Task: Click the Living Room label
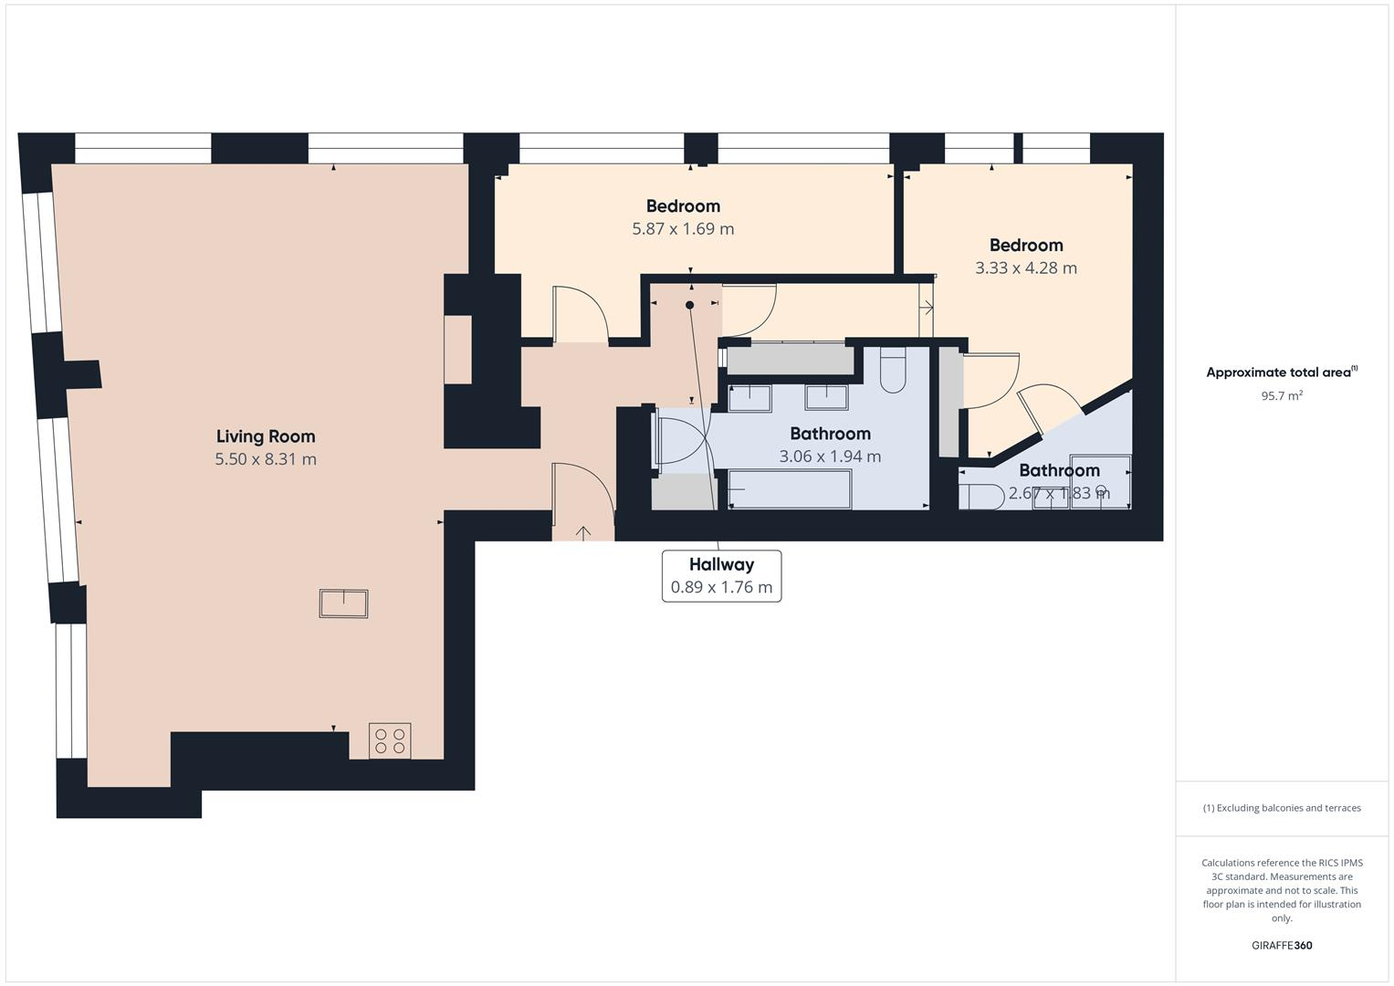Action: click(265, 436)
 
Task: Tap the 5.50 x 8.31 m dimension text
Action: click(265, 459)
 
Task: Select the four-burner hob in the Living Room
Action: click(390, 740)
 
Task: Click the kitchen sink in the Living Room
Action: click(343, 603)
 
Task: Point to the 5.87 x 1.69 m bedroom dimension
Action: click(683, 229)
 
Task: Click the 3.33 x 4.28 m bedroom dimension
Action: click(1025, 268)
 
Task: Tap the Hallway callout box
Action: click(721, 576)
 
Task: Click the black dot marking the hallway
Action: click(690, 305)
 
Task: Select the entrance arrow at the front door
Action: click(583, 532)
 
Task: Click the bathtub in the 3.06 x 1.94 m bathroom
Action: click(790, 489)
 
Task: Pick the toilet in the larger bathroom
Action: click(892, 370)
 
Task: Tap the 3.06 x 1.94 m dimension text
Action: click(830, 456)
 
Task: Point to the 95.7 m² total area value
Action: click(1281, 395)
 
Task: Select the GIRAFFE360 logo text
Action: click(1281, 945)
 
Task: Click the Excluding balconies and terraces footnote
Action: click(1281, 808)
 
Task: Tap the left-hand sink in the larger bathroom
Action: click(749, 398)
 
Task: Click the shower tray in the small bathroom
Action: click(1100, 481)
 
